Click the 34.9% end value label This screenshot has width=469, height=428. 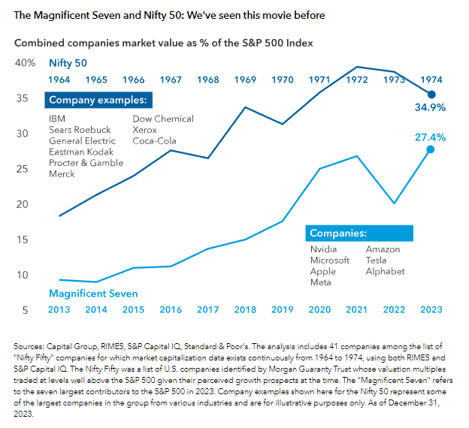point(430,107)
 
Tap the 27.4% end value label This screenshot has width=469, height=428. point(430,137)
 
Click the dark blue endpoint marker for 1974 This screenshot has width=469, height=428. point(431,95)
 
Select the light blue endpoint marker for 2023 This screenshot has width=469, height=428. point(431,149)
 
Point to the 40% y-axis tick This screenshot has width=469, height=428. point(25,63)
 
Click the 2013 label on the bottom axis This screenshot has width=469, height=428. point(59,309)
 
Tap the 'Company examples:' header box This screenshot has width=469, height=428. point(98,101)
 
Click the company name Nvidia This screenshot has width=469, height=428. point(325,249)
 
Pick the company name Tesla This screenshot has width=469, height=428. point(378,261)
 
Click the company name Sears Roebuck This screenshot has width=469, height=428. point(80,130)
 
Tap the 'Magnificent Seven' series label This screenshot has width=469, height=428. point(92,293)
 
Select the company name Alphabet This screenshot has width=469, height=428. point(385,271)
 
